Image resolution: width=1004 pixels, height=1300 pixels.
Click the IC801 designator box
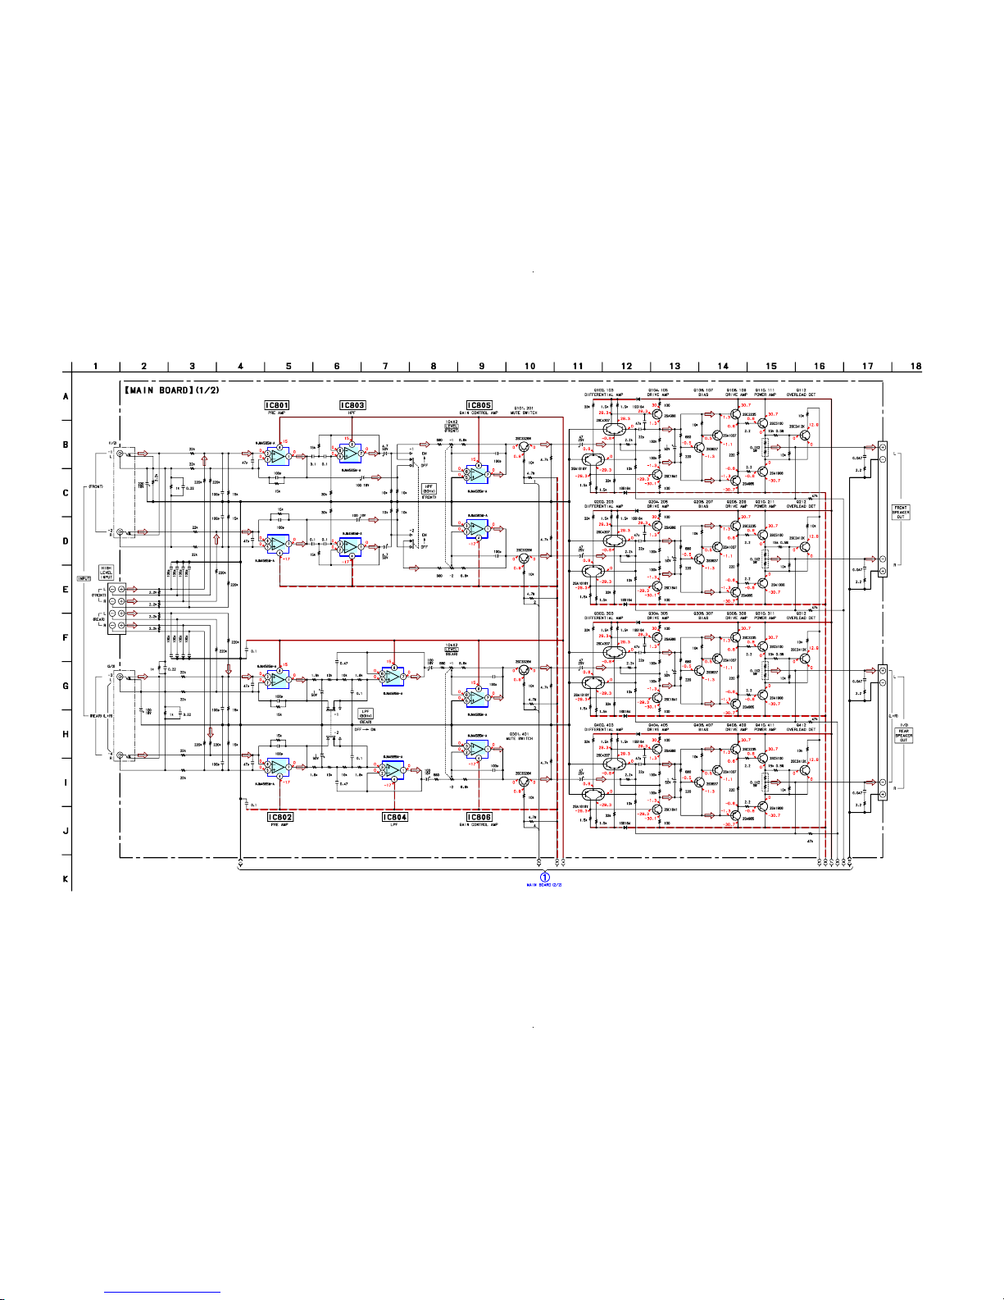click(x=277, y=405)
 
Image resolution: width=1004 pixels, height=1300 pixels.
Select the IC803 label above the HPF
click(x=352, y=405)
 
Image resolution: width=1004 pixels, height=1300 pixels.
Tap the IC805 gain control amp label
click(x=479, y=405)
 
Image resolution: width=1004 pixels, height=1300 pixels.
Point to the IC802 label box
click(x=280, y=817)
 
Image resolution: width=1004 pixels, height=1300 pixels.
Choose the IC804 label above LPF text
click(x=395, y=817)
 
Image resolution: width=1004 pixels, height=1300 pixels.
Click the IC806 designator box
click(x=479, y=817)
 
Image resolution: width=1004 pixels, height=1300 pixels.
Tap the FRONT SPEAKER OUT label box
click(x=901, y=512)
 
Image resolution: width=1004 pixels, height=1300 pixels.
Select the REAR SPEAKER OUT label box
click(x=903, y=735)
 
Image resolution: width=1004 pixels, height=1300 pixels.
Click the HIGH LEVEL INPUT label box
click(x=107, y=572)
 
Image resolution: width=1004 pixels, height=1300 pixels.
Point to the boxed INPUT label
click(x=84, y=578)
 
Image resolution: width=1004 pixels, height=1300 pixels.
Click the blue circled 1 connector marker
click(x=544, y=877)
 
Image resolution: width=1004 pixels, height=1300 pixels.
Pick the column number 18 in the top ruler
click(x=916, y=366)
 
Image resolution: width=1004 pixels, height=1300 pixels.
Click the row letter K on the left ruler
click(x=66, y=879)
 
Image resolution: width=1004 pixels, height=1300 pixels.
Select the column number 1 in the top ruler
click(x=96, y=366)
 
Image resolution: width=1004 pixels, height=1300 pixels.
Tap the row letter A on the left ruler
click(x=66, y=396)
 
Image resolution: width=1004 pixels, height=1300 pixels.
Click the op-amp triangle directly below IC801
click(x=278, y=452)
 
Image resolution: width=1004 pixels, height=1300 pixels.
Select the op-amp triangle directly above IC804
click(x=393, y=771)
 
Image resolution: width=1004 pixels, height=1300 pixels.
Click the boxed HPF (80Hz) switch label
click(x=428, y=489)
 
